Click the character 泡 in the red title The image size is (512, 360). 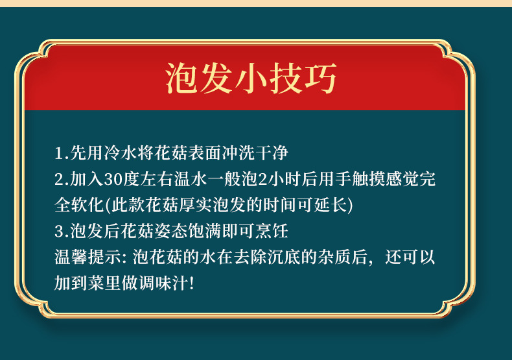click(181, 78)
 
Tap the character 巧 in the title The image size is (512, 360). click(320, 78)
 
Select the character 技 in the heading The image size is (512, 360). click(285, 78)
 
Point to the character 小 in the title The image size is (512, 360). click(251, 78)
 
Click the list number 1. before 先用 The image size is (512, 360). click(62, 154)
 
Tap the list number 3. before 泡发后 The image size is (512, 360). click(62, 232)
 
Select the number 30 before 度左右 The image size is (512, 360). click(113, 180)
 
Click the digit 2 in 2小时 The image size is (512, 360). click(263, 180)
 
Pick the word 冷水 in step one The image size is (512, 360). click(121, 153)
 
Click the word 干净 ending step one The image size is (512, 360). click(272, 153)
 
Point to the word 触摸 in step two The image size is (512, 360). click(369, 179)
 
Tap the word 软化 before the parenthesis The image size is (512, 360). click(87, 205)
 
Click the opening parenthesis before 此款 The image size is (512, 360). click(108, 206)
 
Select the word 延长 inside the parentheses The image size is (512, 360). click(331, 205)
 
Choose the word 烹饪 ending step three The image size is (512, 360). click(272, 231)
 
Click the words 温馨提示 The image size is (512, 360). click(88, 257)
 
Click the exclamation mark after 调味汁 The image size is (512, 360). click(192, 283)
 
